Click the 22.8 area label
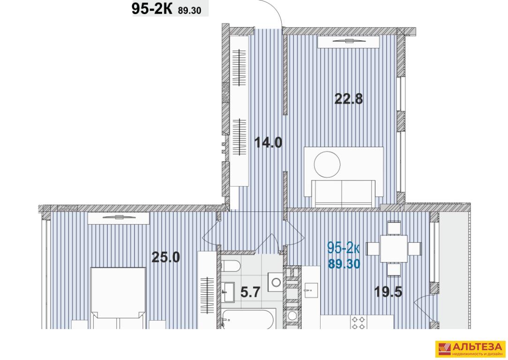pyautogui.click(x=349, y=98)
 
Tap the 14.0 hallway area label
pyautogui.click(x=268, y=142)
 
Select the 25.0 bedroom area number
pyautogui.click(x=166, y=257)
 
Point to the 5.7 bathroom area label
pyautogui.click(x=250, y=292)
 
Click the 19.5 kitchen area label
pyautogui.click(x=388, y=292)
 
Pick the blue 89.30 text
pyautogui.click(x=344, y=264)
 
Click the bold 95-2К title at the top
pyautogui.click(x=152, y=9)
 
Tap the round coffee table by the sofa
pyautogui.click(x=327, y=164)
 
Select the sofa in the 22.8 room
pyautogui.click(x=344, y=193)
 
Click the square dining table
pyautogui.click(x=394, y=248)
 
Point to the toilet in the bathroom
pyautogui.click(x=231, y=267)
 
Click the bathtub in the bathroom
pyautogui.click(x=249, y=319)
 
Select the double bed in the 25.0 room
pyautogui.click(x=118, y=298)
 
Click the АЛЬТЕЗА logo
pyautogui.click(x=471, y=349)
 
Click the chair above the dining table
pyautogui.click(x=394, y=227)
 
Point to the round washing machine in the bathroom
pyautogui.click(x=276, y=282)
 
